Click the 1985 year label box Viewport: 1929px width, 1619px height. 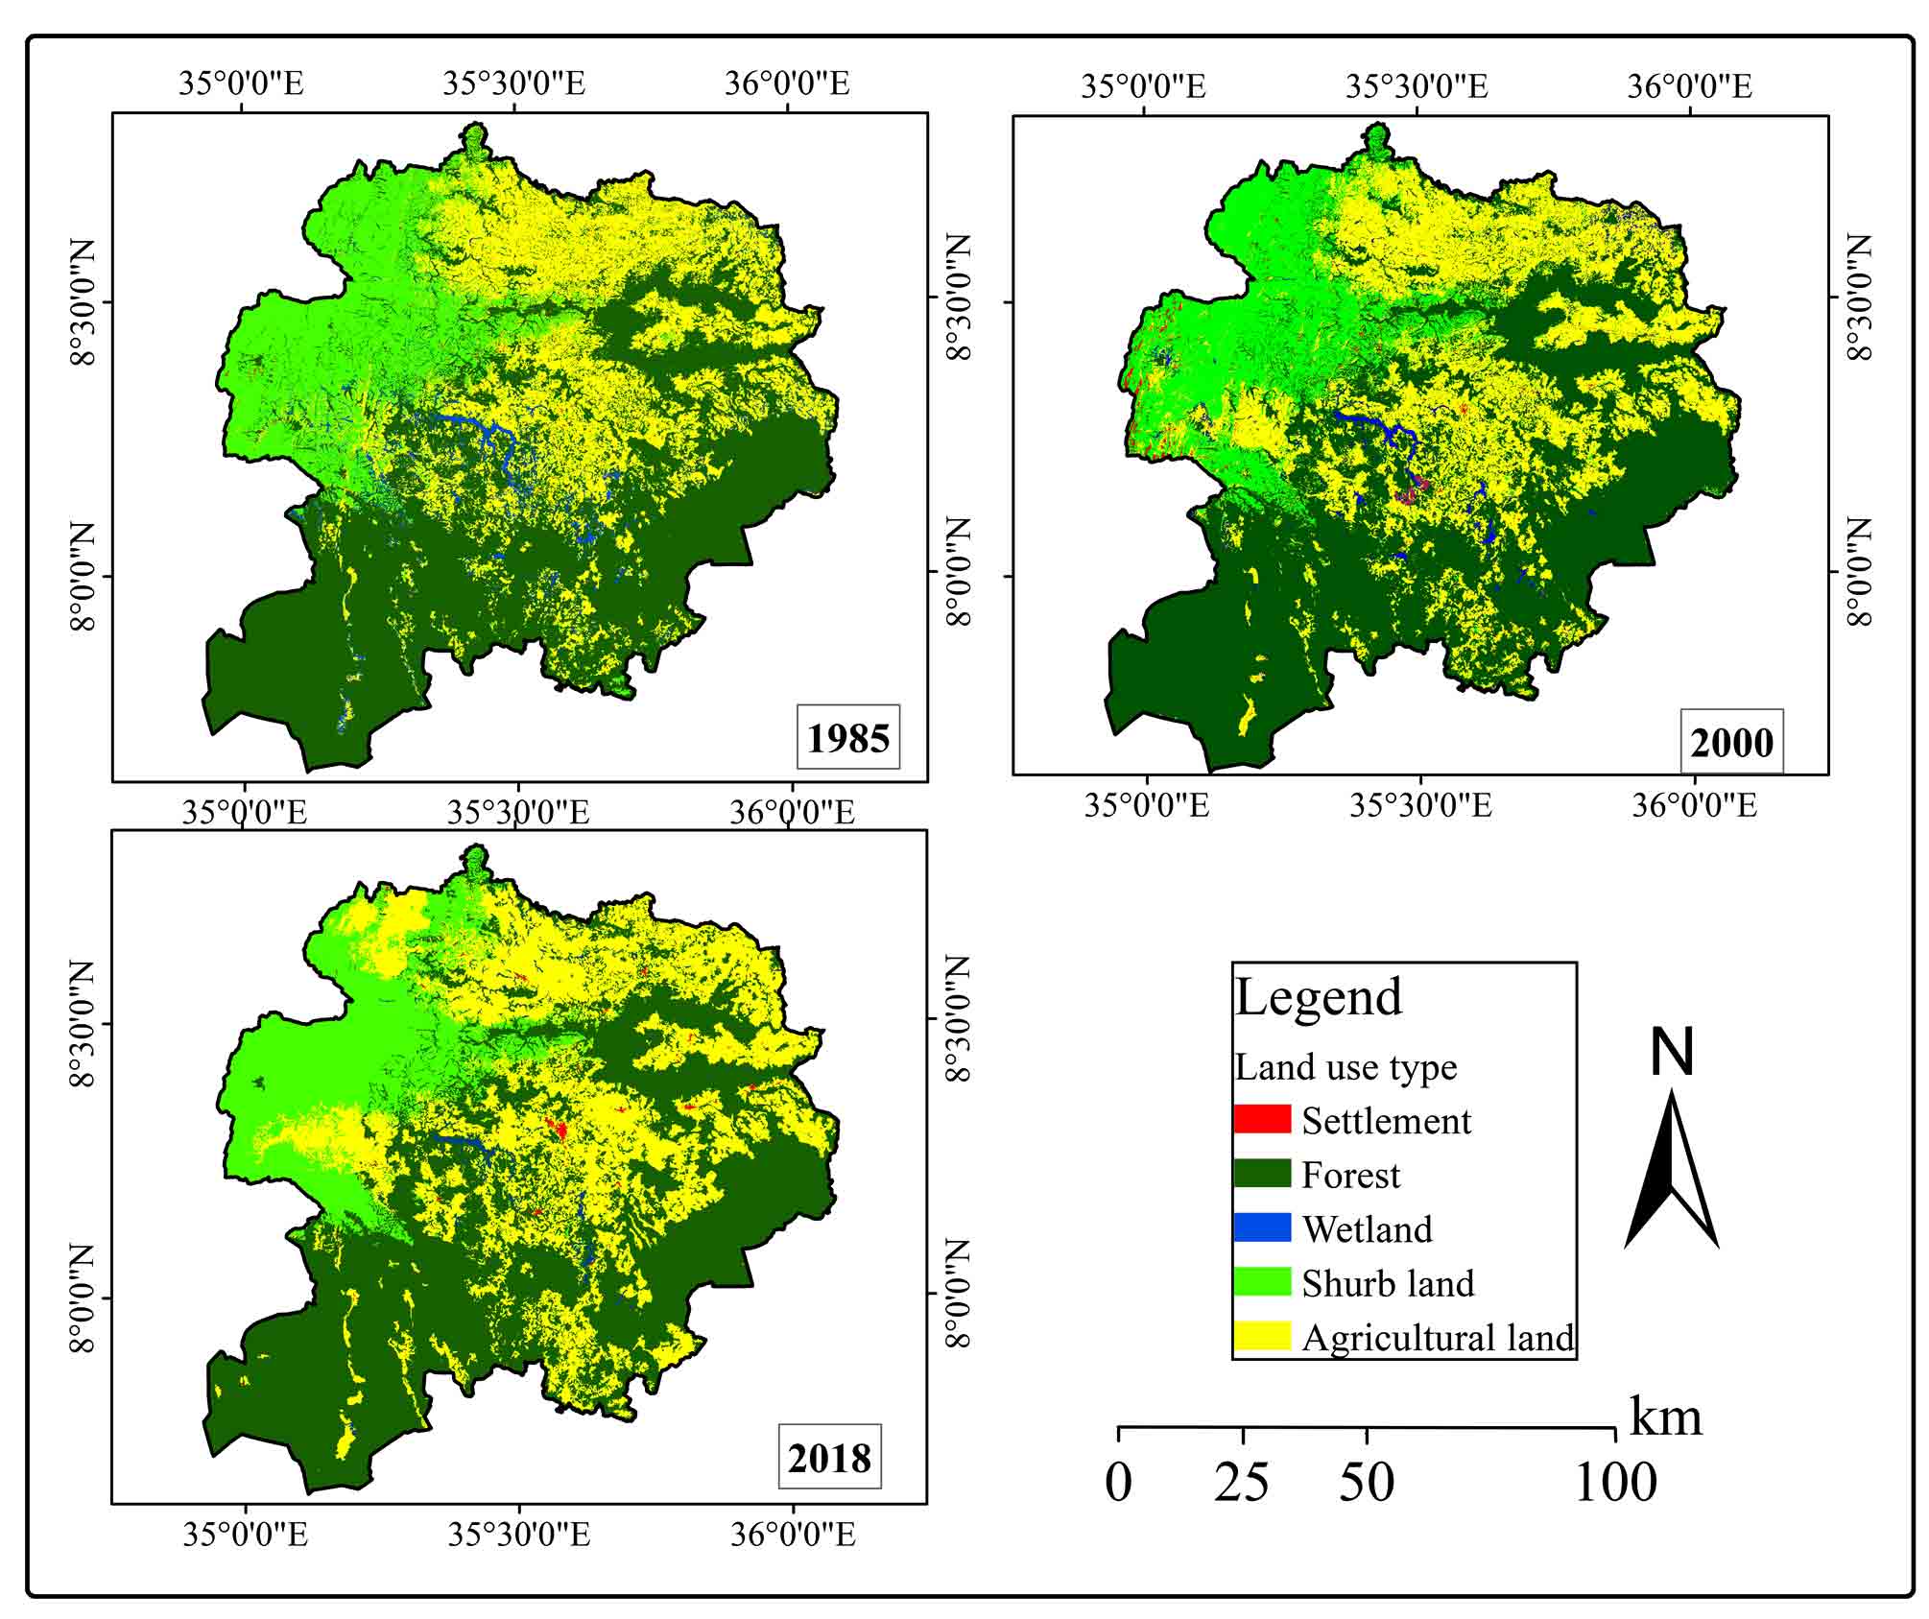848,737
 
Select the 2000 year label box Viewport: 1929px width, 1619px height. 1731,742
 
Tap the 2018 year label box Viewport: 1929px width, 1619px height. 829,1459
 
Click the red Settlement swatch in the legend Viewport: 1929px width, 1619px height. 1262,1119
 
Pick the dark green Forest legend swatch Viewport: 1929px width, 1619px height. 1262,1174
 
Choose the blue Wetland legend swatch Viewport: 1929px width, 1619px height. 1262,1227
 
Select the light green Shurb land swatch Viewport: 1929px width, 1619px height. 1262,1282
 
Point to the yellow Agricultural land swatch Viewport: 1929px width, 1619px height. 1262,1336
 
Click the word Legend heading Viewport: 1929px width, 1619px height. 1319,998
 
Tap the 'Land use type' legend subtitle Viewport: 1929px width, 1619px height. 1346,1067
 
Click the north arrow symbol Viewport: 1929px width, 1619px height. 1672,1171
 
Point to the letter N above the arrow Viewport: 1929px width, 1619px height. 1672,1053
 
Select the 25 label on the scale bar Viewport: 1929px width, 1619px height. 1242,1483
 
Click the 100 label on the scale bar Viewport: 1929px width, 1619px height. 1616,1483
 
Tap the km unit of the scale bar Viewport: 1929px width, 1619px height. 1666,1417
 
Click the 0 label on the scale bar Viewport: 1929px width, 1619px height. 1119,1483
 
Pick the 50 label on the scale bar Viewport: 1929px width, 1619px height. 1367,1483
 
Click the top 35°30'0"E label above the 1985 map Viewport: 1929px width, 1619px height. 513,83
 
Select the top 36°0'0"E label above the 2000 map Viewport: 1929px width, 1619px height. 1689,86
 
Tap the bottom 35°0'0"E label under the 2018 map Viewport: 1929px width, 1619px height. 246,1536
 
